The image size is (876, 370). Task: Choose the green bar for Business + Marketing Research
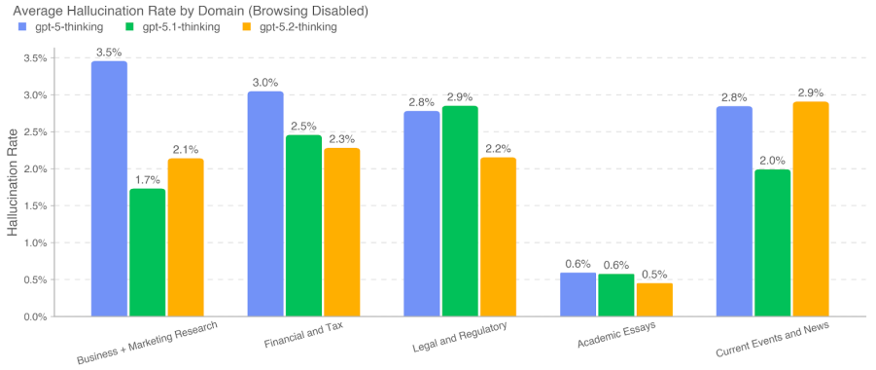[x=147, y=253]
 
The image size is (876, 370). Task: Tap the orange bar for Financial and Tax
[x=341, y=233]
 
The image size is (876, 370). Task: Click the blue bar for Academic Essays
[x=578, y=294]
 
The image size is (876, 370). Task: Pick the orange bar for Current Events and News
[x=811, y=209]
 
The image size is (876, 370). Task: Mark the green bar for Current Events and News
[x=773, y=243]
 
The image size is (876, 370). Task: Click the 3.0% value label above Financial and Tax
[x=265, y=82]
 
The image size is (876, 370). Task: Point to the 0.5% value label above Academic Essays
[x=654, y=273]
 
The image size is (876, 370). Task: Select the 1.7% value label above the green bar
[x=147, y=179]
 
